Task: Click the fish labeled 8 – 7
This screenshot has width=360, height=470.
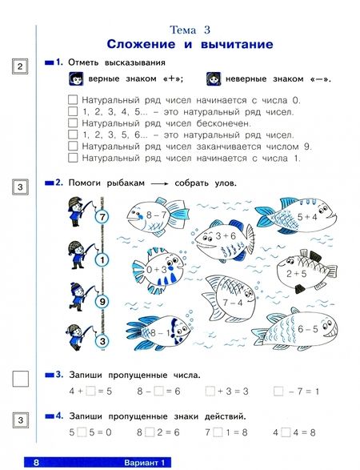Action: click(x=156, y=215)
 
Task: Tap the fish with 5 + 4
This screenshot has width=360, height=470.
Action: click(x=297, y=215)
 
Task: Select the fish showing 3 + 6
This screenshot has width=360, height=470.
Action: click(x=224, y=239)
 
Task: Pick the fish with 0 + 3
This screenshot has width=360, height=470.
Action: click(x=158, y=270)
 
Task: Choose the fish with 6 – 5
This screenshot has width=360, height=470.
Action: click(x=297, y=330)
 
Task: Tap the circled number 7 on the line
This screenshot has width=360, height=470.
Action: click(x=102, y=216)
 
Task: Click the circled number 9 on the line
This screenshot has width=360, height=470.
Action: click(x=102, y=301)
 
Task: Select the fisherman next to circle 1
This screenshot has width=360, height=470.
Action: click(x=78, y=255)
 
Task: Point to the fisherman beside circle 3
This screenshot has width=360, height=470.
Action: click(x=78, y=337)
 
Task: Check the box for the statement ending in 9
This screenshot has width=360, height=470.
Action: click(x=73, y=147)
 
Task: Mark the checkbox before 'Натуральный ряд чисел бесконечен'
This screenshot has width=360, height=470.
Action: click(x=73, y=123)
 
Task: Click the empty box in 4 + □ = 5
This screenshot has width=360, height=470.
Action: click(x=90, y=391)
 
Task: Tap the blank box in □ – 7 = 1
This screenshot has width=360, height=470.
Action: click(x=278, y=391)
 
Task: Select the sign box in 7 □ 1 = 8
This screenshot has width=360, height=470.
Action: click(x=218, y=432)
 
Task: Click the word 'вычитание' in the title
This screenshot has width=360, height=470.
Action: click(x=237, y=44)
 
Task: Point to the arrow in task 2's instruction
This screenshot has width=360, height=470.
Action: click(x=160, y=183)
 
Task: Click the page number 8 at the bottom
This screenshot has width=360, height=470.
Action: click(x=36, y=463)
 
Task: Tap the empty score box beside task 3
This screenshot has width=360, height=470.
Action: click(x=21, y=379)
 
